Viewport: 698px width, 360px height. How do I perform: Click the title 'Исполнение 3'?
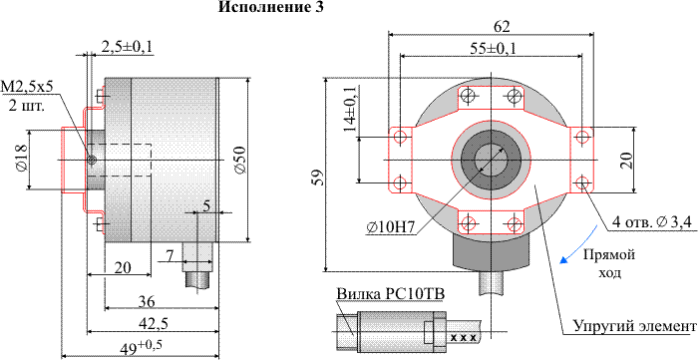[270, 7]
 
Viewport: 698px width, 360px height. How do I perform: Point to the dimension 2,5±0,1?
[127, 46]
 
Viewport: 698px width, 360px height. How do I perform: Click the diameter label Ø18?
[21, 158]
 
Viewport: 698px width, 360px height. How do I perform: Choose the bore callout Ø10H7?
[391, 227]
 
